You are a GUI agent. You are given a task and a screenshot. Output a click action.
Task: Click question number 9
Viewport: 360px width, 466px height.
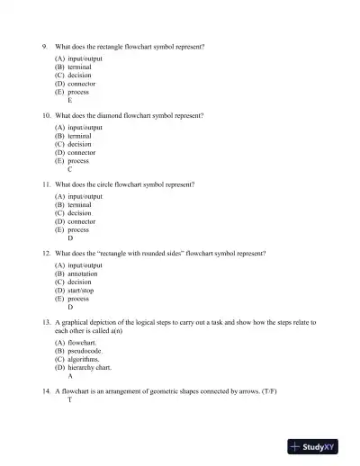(x=45, y=46)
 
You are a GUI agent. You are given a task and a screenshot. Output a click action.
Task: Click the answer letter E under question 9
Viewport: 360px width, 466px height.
(x=70, y=101)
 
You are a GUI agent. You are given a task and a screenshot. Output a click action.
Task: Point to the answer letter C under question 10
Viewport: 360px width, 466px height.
(x=70, y=169)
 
